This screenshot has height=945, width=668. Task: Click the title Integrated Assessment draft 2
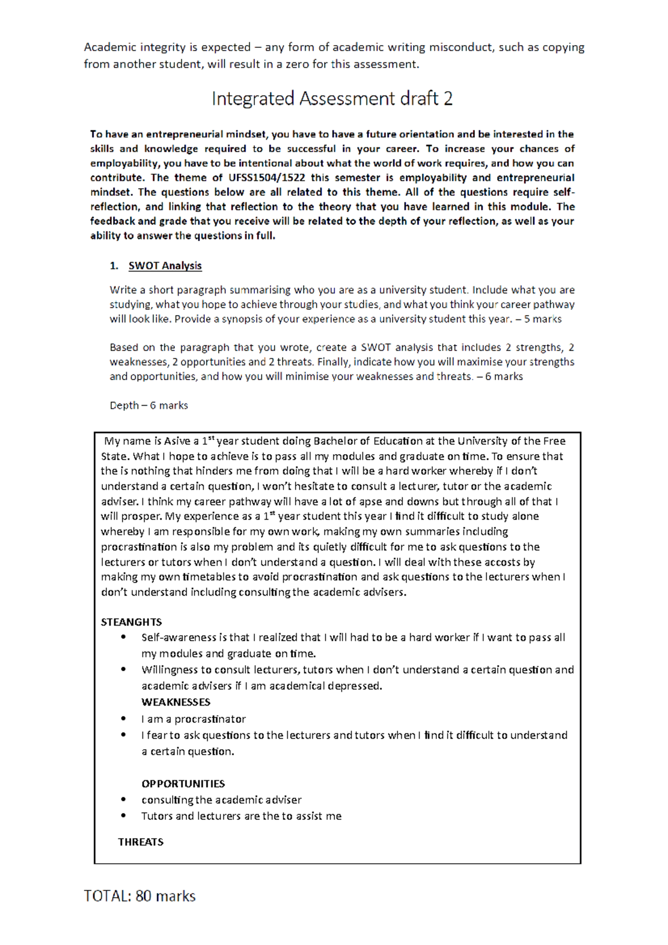click(x=332, y=99)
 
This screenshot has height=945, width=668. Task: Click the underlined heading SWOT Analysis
click(x=165, y=265)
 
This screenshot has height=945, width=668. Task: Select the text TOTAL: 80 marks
click(x=140, y=896)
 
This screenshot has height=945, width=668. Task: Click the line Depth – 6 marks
click(x=149, y=405)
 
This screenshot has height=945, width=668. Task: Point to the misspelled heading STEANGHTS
click(x=131, y=622)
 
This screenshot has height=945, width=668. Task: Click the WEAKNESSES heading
click(x=175, y=702)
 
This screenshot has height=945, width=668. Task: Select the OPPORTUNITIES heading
click(x=183, y=784)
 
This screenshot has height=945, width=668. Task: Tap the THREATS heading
click(x=140, y=841)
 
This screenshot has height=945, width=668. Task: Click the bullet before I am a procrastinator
click(x=124, y=718)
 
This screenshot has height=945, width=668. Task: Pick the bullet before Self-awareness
click(x=124, y=637)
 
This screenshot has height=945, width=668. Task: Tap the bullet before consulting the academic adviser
click(x=124, y=800)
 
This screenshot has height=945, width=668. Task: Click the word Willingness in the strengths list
click(x=169, y=670)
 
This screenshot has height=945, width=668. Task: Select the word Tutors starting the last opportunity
click(x=156, y=816)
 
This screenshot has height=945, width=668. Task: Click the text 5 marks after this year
click(x=542, y=319)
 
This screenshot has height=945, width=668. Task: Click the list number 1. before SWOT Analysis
click(x=114, y=265)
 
